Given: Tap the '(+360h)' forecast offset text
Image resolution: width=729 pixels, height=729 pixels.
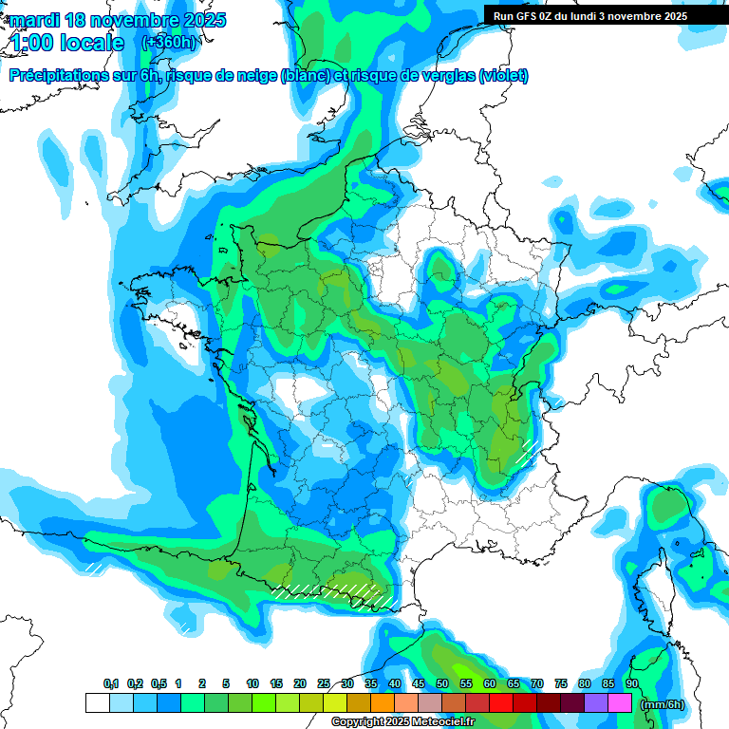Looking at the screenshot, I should click(169, 43).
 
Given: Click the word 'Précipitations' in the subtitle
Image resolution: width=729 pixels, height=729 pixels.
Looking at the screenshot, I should click(57, 76).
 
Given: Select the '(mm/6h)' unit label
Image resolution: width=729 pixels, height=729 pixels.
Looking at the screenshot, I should click(663, 703).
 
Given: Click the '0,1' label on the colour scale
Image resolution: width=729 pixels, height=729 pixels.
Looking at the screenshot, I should click(110, 684).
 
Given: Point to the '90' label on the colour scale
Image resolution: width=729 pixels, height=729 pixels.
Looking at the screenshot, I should click(631, 684).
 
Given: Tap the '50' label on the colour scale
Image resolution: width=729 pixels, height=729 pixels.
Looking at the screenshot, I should click(442, 684).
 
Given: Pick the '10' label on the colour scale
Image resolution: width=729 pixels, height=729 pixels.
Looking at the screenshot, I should click(252, 684).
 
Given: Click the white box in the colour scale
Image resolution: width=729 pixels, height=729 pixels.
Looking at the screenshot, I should click(97, 703).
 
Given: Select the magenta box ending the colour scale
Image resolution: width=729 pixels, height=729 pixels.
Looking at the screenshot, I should click(619, 703).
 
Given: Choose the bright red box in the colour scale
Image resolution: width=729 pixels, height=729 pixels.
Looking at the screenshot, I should click(500, 703).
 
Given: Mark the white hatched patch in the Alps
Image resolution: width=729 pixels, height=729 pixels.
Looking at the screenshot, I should click(527, 449).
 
